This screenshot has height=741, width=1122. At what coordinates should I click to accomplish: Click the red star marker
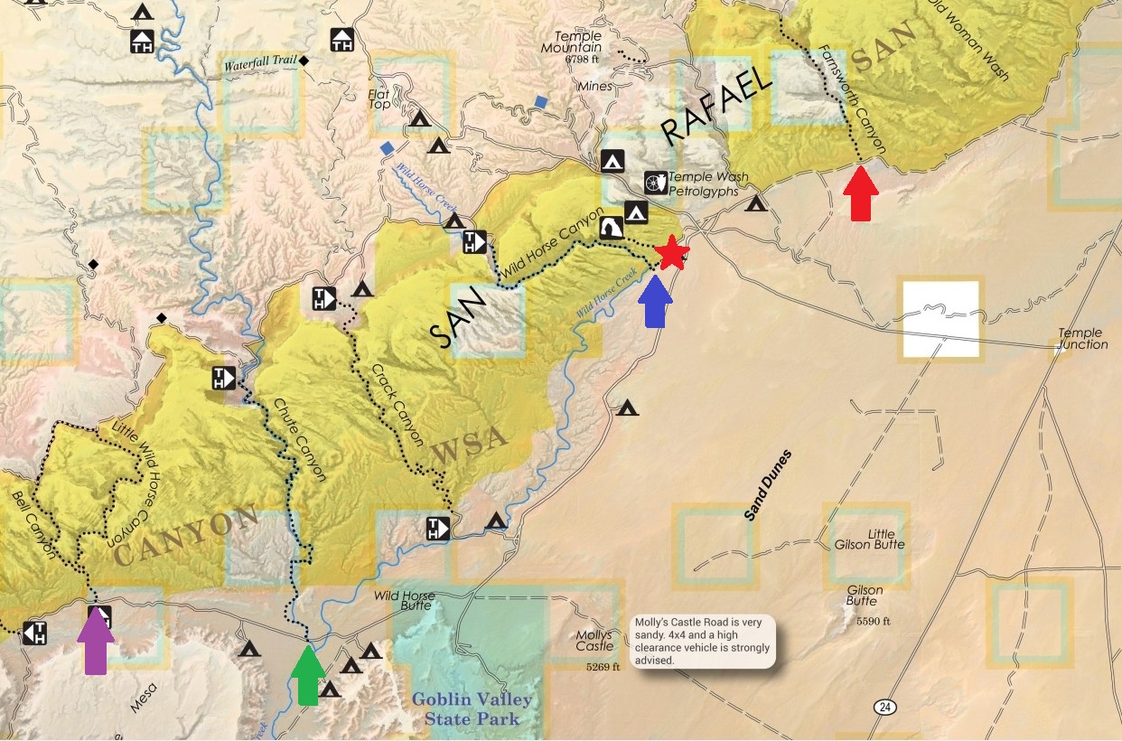pyautogui.click(x=672, y=253)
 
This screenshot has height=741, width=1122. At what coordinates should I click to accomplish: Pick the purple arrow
pyautogui.click(x=96, y=641)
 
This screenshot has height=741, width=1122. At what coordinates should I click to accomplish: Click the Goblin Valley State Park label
pyautogui.click(x=472, y=709)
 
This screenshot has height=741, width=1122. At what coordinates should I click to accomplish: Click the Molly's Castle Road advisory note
pyautogui.click(x=703, y=642)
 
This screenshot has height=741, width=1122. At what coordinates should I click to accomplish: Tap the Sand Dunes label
pyautogui.click(x=768, y=485)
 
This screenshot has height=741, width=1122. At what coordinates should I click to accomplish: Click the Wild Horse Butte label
pyautogui.click(x=405, y=601)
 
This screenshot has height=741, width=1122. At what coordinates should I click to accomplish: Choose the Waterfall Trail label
pyautogui.click(x=260, y=64)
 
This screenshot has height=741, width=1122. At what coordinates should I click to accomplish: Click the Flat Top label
pyautogui.click(x=379, y=98)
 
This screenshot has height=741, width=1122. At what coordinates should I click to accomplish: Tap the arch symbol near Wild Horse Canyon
pyautogui.click(x=611, y=228)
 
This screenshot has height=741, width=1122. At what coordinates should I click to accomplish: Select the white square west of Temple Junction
pyautogui.click(x=940, y=319)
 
